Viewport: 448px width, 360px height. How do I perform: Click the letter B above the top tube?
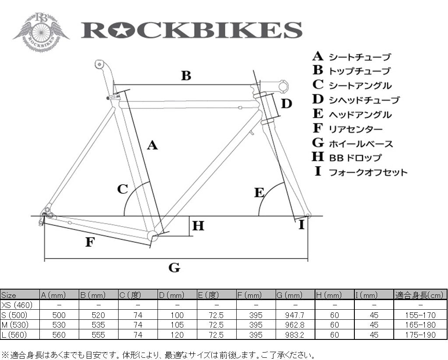[186, 76]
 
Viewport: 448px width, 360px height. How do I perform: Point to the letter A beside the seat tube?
[152, 145]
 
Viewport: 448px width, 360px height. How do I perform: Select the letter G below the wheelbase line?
[174, 267]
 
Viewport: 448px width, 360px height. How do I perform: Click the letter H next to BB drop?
[198, 226]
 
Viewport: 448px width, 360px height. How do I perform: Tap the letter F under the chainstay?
[90, 241]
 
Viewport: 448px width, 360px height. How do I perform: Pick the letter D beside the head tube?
[287, 104]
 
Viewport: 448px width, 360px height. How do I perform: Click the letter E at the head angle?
[260, 192]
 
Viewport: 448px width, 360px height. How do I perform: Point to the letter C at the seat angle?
[122, 189]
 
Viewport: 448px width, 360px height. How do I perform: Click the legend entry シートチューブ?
[359, 57]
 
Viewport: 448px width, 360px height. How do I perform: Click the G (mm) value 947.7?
[295, 315]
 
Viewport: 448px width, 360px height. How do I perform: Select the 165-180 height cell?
[420, 325]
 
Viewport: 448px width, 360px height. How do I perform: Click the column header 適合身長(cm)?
[420, 294]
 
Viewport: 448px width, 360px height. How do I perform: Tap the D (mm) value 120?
[177, 335]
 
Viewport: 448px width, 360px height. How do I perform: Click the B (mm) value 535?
[98, 325]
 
